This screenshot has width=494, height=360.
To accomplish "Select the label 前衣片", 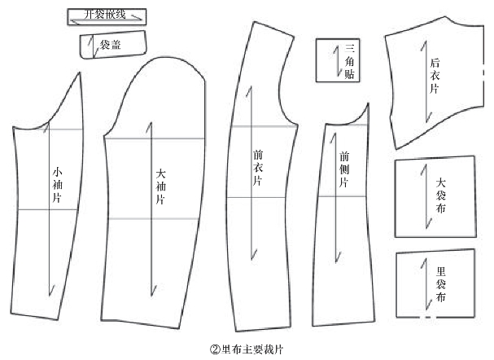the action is pos(258,166).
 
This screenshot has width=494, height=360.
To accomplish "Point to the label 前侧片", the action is pos(344,169).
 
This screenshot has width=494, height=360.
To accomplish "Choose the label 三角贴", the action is pos(349,61).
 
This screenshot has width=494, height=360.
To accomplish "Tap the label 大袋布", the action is pos(440,195).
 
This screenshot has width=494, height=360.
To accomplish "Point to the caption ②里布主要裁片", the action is pos(245,349).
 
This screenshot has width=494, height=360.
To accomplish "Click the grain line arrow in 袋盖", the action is pos(95,48).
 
